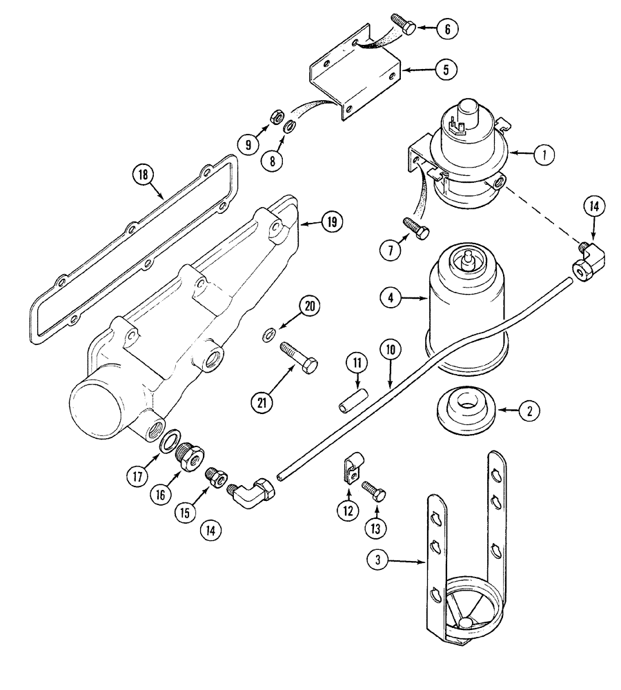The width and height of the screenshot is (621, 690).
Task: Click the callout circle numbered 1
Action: coord(544,155)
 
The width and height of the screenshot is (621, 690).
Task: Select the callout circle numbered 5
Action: coord(446,70)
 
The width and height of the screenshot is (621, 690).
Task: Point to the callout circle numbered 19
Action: coord(332,222)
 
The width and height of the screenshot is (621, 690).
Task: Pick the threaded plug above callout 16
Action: coord(186,455)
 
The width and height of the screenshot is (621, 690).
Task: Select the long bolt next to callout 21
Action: coord(299,359)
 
